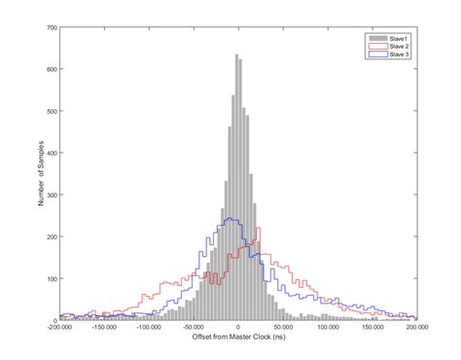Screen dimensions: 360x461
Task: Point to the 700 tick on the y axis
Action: pos(51,27)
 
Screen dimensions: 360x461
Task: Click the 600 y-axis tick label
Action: pos(51,69)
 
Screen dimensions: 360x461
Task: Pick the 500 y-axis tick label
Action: pos(51,111)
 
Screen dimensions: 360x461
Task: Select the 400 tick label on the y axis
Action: pos(51,153)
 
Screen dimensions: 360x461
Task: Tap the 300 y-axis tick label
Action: pos(51,195)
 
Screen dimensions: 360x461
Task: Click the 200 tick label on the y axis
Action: pos(51,236)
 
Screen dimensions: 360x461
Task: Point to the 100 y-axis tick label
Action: pos(51,278)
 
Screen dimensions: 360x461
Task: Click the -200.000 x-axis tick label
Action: pos(59,328)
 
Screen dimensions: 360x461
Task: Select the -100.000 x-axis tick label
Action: pos(149,328)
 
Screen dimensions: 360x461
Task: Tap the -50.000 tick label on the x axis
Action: pos(194,328)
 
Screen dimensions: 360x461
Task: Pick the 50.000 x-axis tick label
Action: pos(283,328)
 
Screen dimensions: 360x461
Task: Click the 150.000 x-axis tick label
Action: pos(372,328)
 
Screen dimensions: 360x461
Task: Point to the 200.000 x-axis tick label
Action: pos(416,328)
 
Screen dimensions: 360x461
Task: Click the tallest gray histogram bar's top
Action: pos(237,55)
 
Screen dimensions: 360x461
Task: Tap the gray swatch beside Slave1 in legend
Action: pos(376,38)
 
